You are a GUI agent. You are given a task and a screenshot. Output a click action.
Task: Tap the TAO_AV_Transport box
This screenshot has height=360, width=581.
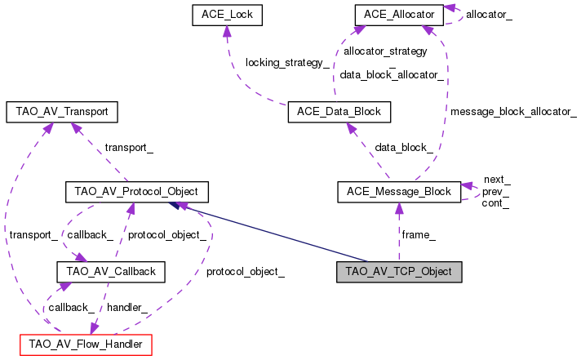62,111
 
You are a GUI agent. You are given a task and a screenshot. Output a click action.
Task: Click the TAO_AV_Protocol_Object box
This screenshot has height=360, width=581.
137,193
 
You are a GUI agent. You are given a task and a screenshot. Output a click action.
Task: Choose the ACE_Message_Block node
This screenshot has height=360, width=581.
399,193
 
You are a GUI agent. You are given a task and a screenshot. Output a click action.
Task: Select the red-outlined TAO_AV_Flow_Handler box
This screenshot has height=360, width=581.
86,345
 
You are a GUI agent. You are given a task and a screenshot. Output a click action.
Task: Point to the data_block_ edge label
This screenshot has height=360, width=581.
404,147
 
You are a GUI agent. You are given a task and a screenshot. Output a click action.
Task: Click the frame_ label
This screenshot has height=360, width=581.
419,234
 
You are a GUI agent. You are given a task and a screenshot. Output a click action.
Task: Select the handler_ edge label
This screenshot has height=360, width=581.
127,307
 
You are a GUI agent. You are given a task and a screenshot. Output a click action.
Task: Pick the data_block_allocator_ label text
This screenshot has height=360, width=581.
392,74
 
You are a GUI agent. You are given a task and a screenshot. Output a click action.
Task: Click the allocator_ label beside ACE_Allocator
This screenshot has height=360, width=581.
490,15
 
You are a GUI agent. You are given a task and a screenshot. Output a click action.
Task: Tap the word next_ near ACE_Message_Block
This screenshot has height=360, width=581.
497,180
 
